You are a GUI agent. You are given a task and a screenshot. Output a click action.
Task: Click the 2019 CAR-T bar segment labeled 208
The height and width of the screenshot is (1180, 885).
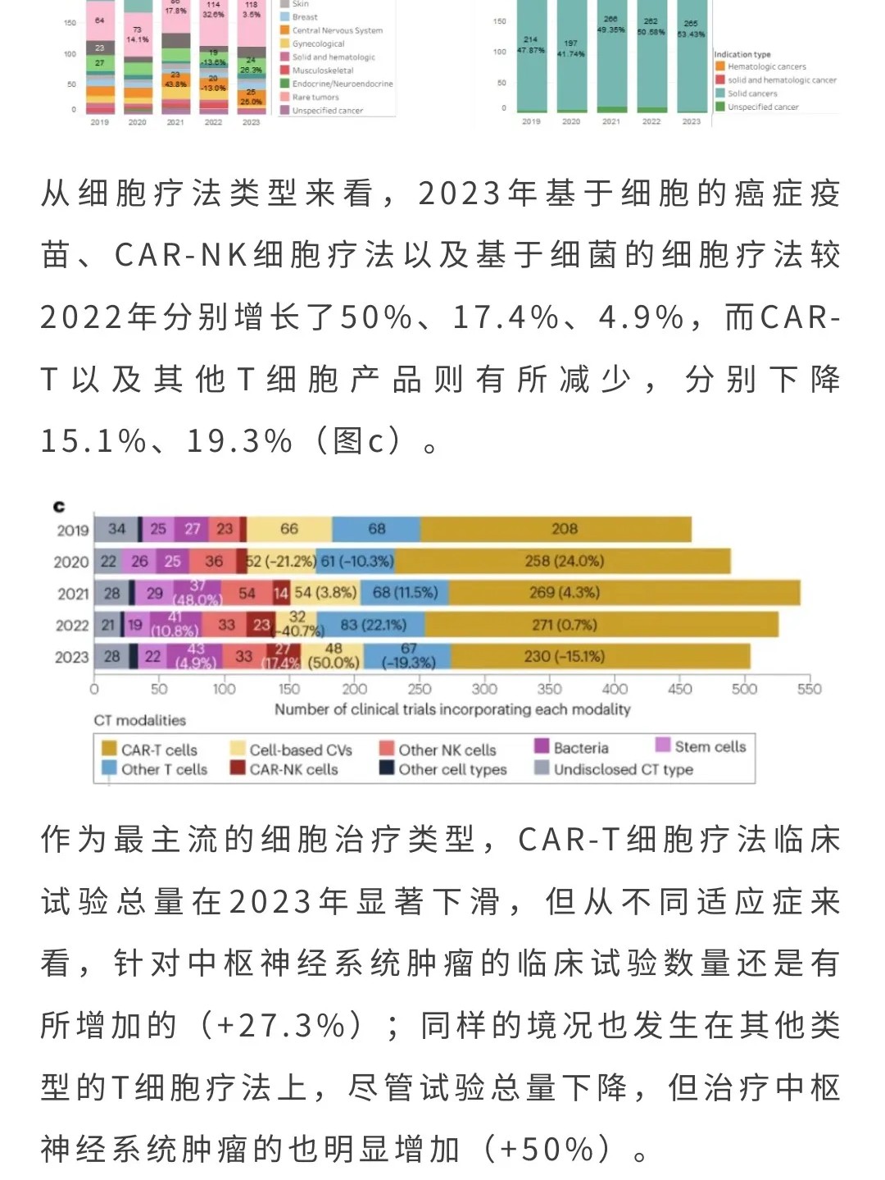click(x=564, y=529)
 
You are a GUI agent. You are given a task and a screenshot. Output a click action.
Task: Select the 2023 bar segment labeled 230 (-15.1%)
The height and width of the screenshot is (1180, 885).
click(x=564, y=656)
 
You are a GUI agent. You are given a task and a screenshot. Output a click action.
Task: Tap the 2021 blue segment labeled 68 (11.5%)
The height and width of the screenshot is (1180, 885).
click(x=405, y=592)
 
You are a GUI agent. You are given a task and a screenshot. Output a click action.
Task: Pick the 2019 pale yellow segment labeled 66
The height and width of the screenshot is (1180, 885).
click(x=289, y=529)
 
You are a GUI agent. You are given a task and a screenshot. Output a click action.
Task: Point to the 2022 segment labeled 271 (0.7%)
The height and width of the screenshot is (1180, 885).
click(x=564, y=625)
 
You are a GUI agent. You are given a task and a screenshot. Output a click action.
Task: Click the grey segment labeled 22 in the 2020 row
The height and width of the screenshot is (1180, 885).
click(x=108, y=561)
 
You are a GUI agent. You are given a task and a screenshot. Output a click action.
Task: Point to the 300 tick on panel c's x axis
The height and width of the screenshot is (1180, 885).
click(x=484, y=690)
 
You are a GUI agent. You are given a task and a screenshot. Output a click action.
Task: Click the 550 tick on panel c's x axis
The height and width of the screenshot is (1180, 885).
click(x=809, y=690)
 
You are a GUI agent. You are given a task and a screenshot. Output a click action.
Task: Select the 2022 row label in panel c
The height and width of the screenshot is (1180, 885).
click(x=72, y=626)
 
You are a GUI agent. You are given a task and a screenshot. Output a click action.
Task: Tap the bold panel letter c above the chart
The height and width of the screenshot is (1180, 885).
click(x=59, y=507)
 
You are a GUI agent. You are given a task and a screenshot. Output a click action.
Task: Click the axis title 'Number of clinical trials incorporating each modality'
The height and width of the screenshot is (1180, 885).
click(x=452, y=709)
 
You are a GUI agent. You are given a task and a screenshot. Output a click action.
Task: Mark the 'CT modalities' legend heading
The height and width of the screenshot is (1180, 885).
click(x=140, y=720)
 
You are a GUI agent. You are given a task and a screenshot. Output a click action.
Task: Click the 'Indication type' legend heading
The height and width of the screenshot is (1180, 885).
click(x=742, y=54)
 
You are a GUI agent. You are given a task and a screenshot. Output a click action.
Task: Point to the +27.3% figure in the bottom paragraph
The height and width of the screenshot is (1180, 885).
click(x=281, y=1025)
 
